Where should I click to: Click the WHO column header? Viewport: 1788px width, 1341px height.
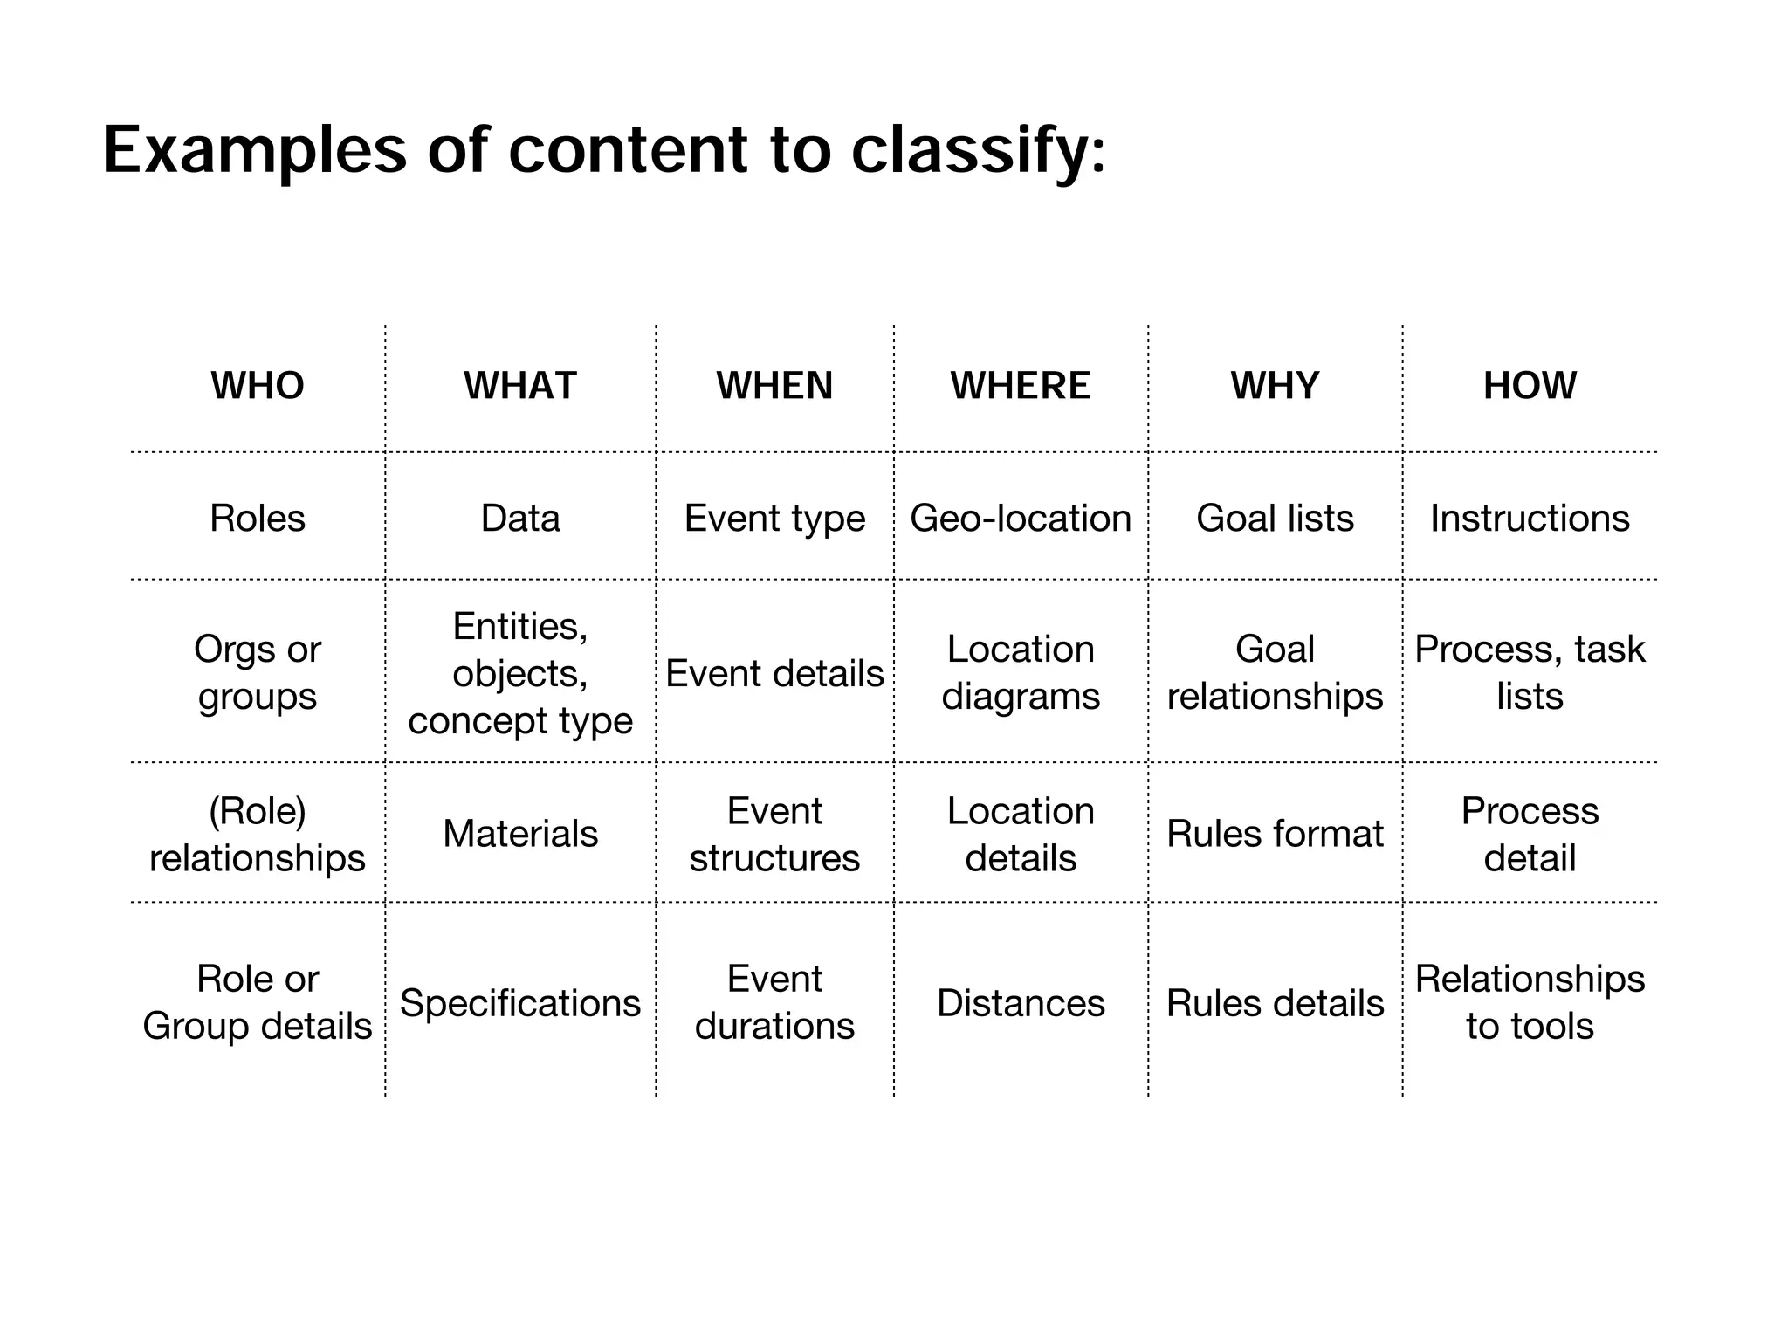pos(258,386)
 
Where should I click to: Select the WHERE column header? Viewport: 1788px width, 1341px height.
pos(1021,386)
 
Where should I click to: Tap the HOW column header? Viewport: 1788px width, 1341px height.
pos(1530,386)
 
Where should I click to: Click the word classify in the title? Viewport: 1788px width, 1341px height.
pos(978,150)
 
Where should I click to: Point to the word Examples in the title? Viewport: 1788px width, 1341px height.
pos(254,150)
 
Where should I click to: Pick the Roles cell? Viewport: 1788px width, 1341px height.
pos(258,519)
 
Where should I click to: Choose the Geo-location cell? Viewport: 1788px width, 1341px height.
pos(1021,519)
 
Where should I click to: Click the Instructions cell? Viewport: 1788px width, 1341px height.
pos(1530,519)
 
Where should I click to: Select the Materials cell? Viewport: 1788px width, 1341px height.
pos(520,834)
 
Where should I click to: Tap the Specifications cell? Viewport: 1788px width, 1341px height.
pos(520,1003)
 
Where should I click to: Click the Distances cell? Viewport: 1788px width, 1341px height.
pos(1021,1003)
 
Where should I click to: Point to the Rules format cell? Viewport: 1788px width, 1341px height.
pos(1275,834)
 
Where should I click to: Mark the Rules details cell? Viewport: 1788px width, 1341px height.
pos(1275,1003)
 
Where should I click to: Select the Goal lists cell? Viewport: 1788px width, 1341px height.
pos(1275,519)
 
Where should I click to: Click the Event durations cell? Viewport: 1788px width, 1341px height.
pos(774,1002)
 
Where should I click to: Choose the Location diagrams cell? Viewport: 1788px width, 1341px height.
pos(1021,672)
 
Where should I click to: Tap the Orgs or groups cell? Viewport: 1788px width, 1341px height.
pos(258,672)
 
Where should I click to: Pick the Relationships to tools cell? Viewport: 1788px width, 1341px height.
pos(1530,1002)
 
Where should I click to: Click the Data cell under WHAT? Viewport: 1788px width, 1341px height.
pos(520,519)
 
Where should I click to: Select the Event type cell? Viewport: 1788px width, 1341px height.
pos(774,519)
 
